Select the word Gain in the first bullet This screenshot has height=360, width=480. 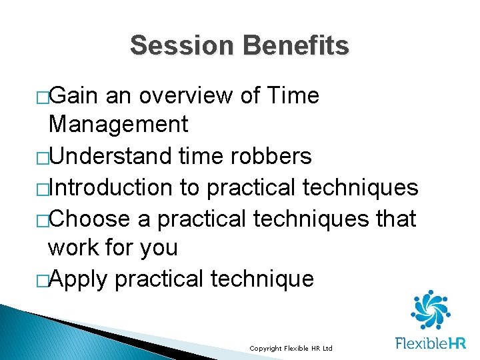coord(74,96)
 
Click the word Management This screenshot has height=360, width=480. coord(118,124)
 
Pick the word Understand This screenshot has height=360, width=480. coord(111,156)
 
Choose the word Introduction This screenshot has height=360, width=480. coord(111,188)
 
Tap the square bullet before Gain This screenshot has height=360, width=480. coord(43,97)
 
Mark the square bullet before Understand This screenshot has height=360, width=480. coord(43,157)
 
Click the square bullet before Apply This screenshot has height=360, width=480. coord(43,280)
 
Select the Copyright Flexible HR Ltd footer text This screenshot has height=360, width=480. coord(290,349)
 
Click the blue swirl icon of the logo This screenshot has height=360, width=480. coord(430,311)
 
